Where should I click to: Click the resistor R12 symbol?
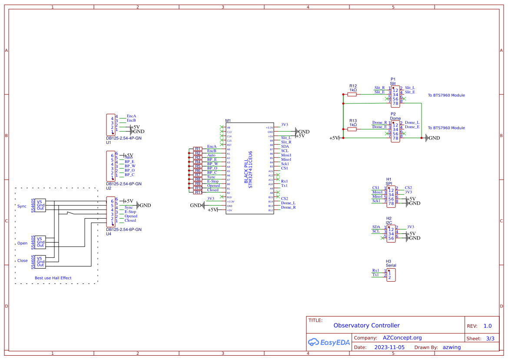(x=352, y=94)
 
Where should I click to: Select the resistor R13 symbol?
(x=352, y=129)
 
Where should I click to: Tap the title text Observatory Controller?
(x=366, y=325)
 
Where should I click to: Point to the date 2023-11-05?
(x=389, y=347)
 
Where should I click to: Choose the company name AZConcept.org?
(x=402, y=338)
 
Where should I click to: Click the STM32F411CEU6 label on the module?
(x=250, y=170)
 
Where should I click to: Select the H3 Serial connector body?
(x=391, y=275)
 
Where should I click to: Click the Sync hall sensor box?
(x=40, y=205)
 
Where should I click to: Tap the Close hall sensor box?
(x=40, y=262)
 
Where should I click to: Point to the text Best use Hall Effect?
(x=53, y=278)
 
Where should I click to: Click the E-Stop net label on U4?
(x=130, y=212)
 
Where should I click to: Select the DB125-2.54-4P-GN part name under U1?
(x=124, y=138)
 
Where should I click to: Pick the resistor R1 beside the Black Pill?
(x=198, y=149)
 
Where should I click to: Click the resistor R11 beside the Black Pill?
(x=198, y=192)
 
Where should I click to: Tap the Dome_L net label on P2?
(x=412, y=123)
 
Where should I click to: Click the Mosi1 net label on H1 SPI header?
(x=377, y=192)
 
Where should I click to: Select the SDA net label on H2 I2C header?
(x=376, y=227)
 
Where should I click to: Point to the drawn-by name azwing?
(x=452, y=347)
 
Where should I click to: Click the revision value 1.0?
(x=487, y=326)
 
